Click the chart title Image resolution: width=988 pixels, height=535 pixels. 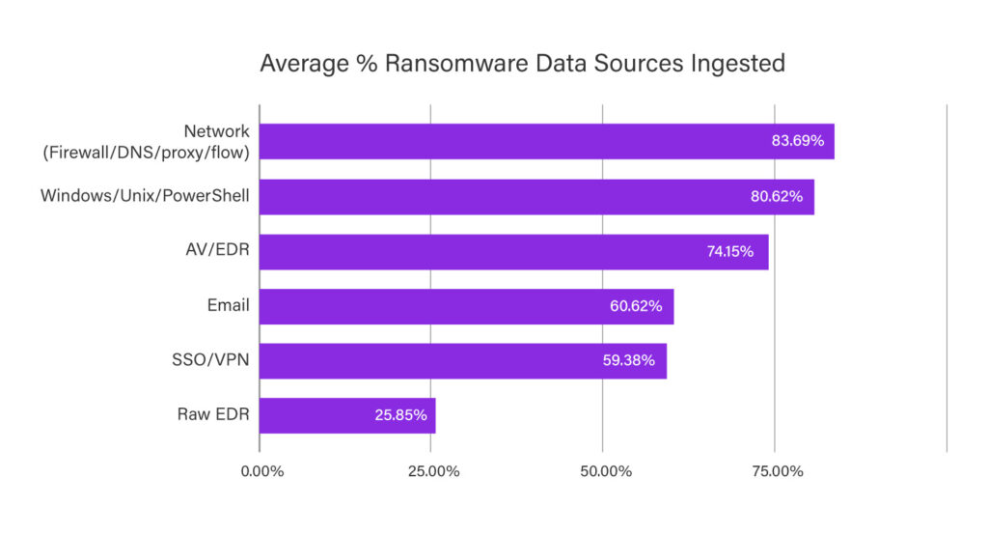click(x=522, y=64)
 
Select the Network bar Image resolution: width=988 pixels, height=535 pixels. click(x=546, y=141)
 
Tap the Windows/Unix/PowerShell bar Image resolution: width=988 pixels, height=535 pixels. click(x=536, y=196)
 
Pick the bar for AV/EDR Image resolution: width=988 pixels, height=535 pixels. click(x=513, y=251)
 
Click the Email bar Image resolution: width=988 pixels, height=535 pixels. click(x=466, y=306)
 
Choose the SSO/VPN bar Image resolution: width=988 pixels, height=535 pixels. click(x=462, y=360)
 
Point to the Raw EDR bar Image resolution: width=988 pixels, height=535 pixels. click(x=347, y=415)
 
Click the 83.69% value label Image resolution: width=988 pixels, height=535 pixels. click(x=797, y=141)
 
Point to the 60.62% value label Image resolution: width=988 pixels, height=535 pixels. click(x=636, y=306)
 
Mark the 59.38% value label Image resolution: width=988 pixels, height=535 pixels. click(x=629, y=360)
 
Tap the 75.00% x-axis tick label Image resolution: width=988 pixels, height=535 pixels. click(x=776, y=471)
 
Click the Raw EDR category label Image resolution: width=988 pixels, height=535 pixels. click(x=213, y=415)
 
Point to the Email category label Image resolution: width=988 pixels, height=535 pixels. click(x=229, y=306)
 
